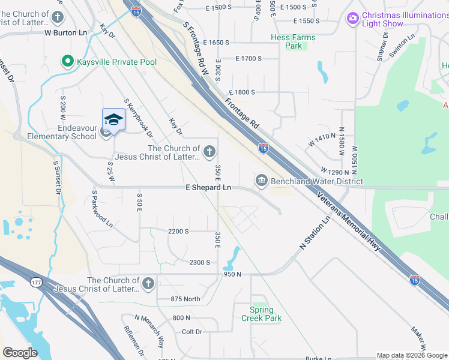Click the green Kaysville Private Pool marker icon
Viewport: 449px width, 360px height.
point(67,61)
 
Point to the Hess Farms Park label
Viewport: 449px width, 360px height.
point(293,41)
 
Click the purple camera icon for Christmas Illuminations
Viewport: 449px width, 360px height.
point(352,19)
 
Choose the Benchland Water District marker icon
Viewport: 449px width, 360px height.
point(262,180)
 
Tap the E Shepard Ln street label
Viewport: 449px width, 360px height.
point(208,188)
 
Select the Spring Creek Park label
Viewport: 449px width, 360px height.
point(265,314)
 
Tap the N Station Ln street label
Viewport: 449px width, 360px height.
point(316,234)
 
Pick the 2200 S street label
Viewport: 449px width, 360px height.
point(178,231)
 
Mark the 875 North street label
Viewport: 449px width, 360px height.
point(185,299)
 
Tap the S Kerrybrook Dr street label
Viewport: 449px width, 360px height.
point(138,118)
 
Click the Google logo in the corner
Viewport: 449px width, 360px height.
point(20,353)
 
